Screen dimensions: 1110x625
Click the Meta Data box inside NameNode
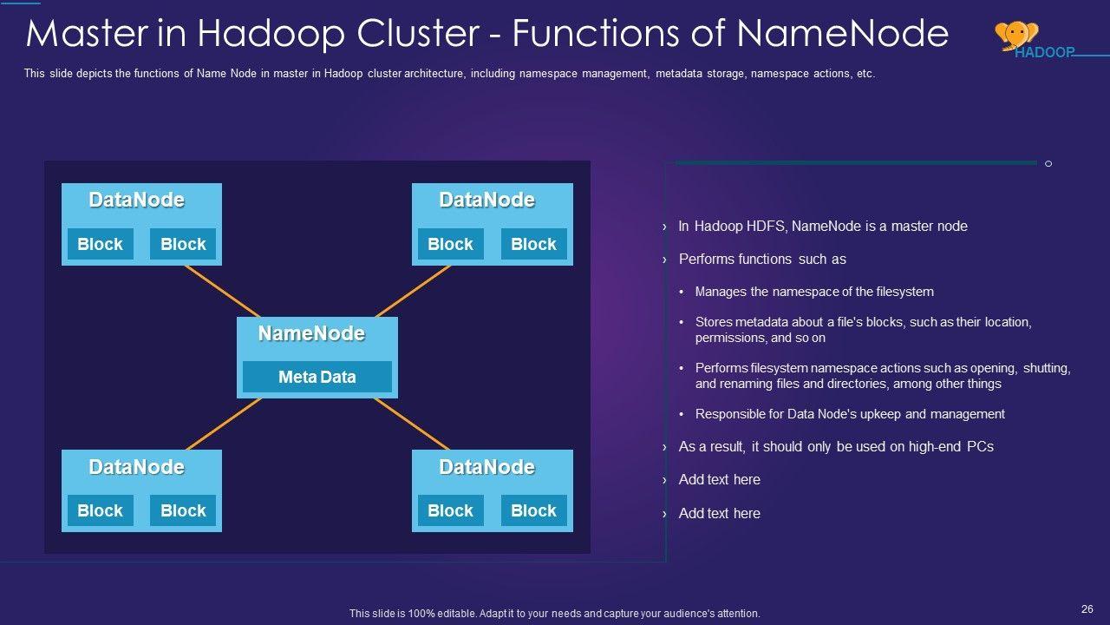click(x=317, y=377)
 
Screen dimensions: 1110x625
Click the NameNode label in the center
click(x=311, y=333)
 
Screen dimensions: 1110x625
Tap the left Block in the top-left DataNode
click(x=100, y=244)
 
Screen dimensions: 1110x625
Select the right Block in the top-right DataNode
click(x=533, y=244)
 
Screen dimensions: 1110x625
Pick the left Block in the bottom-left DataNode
click(x=100, y=510)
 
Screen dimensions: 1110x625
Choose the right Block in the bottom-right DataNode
click(x=533, y=510)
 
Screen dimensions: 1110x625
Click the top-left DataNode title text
click(x=137, y=200)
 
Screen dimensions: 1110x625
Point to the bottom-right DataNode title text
click(x=487, y=467)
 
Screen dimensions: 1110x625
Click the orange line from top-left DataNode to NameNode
click(x=223, y=291)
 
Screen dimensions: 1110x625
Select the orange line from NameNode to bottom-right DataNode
click(x=412, y=424)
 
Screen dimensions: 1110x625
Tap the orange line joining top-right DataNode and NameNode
click(x=413, y=291)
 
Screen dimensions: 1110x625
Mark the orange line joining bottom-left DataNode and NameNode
click(x=224, y=424)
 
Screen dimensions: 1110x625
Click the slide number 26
click(x=1087, y=609)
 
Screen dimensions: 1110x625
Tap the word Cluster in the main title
click(x=418, y=34)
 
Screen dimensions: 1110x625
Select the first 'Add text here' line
click(x=720, y=480)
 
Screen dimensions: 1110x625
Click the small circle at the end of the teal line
click(x=1048, y=164)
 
